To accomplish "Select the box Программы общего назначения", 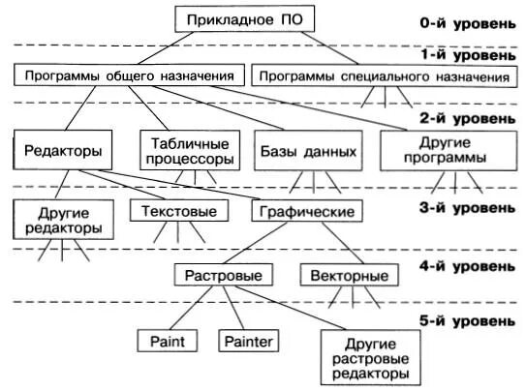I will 128,74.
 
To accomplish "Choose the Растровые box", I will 223,276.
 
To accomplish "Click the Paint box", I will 167,341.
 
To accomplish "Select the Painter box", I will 248,341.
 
